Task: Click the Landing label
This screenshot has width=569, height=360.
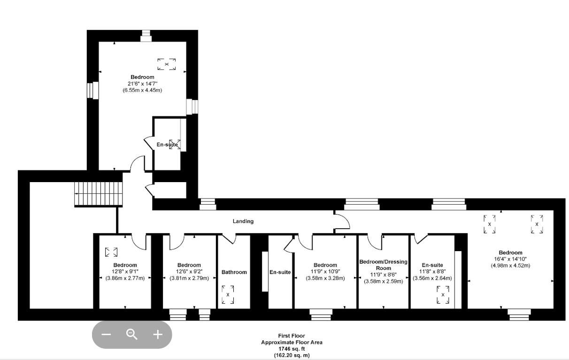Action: click(x=243, y=221)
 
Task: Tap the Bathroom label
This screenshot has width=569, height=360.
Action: click(x=234, y=272)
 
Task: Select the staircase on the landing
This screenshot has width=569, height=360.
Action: click(x=99, y=194)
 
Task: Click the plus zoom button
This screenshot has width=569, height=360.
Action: click(x=158, y=334)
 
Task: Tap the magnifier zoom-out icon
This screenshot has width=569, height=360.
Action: click(x=132, y=334)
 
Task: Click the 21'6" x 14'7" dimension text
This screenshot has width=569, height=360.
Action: click(x=142, y=84)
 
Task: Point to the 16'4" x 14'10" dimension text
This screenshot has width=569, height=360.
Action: click(x=510, y=259)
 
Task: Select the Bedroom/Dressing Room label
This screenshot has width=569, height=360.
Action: click(x=383, y=265)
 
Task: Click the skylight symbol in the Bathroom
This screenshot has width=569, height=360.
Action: click(x=228, y=294)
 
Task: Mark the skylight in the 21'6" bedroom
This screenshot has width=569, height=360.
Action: click(x=166, y=64)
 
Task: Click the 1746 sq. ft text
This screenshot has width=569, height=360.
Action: click(x=292, y=349)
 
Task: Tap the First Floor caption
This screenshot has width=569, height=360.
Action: click(x=292, y=336)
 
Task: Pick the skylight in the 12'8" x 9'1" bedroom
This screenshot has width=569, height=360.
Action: click(x=111, y=252)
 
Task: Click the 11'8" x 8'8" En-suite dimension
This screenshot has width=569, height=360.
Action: click(x=432, y=271)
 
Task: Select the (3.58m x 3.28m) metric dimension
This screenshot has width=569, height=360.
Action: click(x=325, y=278)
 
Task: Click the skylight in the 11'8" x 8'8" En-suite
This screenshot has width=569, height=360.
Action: click(x=443, y=294)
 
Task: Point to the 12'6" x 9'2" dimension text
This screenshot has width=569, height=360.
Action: click(x=189, y=271)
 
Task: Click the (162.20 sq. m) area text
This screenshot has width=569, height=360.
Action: click(x=292, y=355)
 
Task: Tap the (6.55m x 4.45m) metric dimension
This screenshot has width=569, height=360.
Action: click(x=142, y=90)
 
